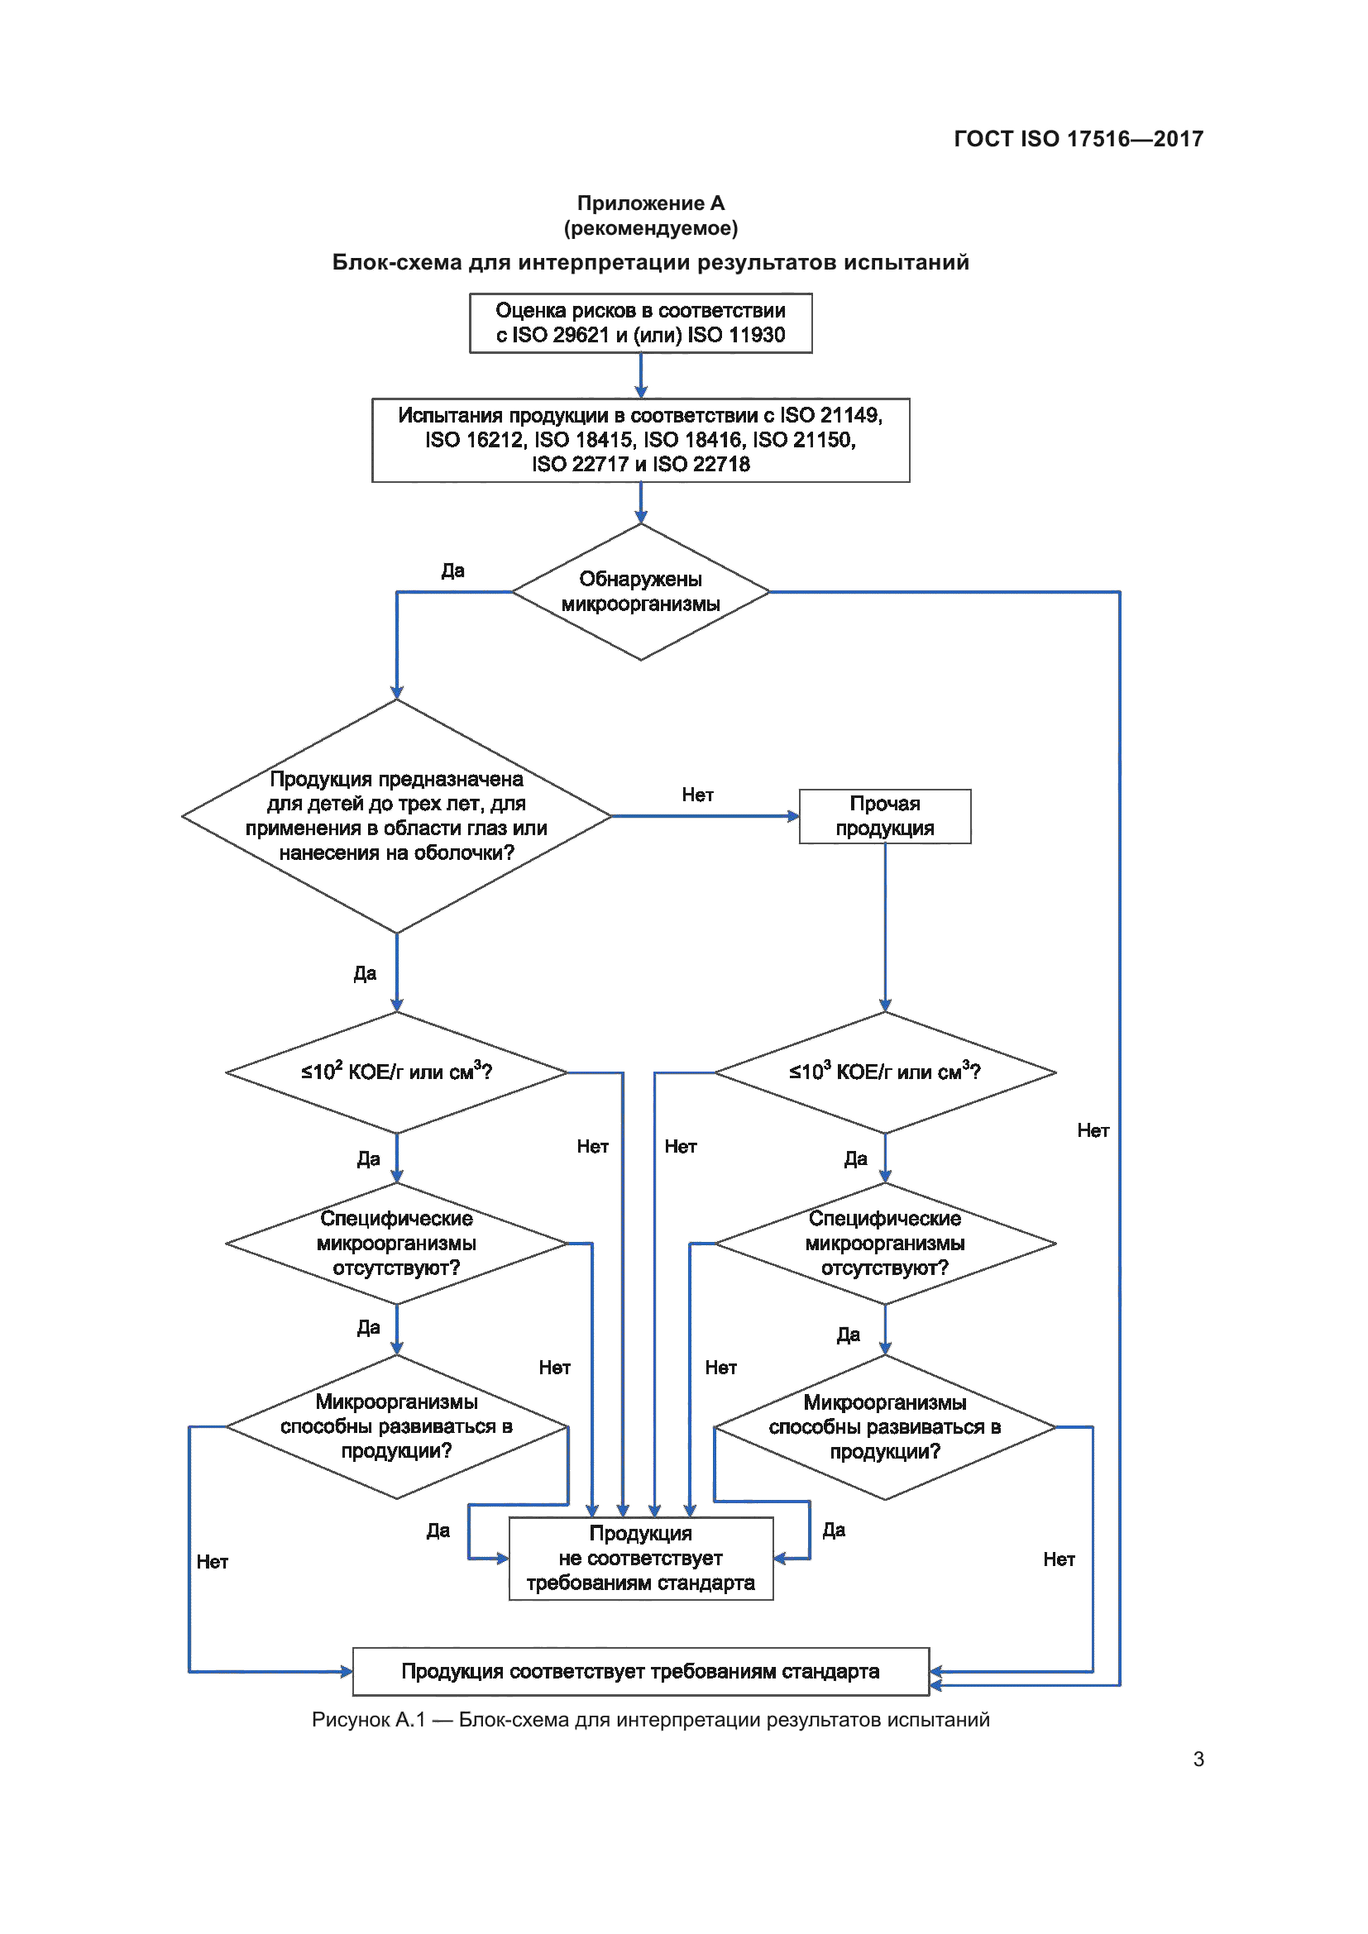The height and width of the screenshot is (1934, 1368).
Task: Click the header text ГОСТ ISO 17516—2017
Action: (1078, 139)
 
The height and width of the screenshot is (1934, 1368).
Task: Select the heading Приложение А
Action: (650, 203)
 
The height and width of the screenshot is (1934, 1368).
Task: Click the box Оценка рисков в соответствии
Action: (640, 322)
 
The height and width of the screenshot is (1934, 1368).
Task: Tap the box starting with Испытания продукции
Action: (640, 440)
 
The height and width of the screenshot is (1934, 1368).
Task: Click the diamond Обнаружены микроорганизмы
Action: (640, 591)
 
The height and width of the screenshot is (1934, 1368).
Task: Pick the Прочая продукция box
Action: (884, 815)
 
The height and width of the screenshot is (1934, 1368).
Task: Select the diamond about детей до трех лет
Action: (396, 815)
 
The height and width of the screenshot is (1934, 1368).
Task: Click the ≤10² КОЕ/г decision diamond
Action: (396, 1072)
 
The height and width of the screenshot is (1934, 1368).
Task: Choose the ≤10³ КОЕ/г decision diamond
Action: (884, 1072)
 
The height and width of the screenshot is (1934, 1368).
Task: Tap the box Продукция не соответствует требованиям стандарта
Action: (640, 1558)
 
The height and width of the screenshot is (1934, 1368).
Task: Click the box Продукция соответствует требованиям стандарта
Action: (640, 1671)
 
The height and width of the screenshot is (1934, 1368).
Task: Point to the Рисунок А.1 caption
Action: (650, 1719)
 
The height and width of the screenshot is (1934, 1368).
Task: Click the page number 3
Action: (1198, 1759)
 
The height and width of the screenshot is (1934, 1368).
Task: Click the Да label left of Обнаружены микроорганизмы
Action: (452, 571)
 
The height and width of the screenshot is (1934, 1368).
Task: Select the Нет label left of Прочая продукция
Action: (697, 795)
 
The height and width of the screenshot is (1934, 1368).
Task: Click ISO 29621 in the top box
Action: (560, 335)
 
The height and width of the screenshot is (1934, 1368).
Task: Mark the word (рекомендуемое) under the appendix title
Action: (650, 228)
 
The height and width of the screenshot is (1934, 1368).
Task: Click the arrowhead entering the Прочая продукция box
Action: (792, 815)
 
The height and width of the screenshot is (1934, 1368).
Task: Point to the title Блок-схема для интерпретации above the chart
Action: (650, 262)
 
